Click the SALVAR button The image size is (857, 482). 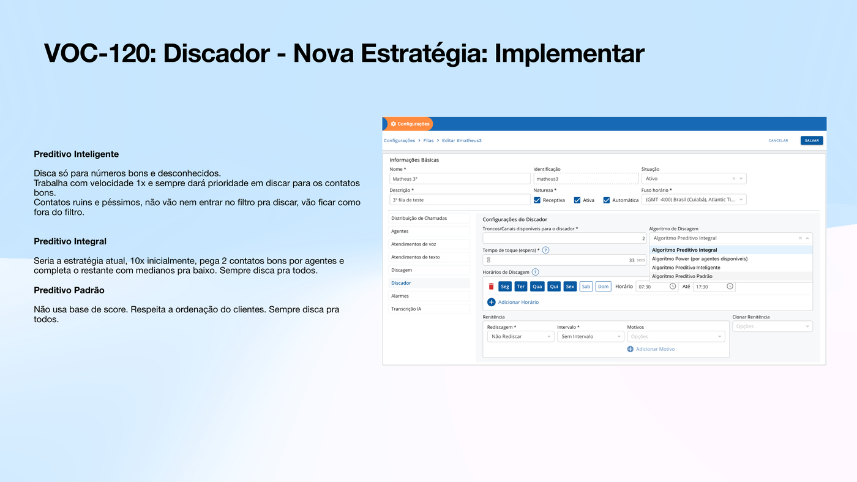pyautogui.click(x=811, y=140)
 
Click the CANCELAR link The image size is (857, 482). pyautogui.click(x=778, y=140)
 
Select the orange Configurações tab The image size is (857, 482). pyautogui.click(x=410, y=124)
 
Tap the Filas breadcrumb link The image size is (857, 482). pyautogui.click(x=428, y=140)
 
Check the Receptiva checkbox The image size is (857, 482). pyautogui.click(x=537, y=200)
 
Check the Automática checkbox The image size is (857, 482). pyautogui.click(x=607, y=200)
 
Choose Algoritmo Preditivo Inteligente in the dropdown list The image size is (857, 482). pyautogui.click(x=686, y=268)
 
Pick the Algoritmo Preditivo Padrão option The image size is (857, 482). pyautogui.click(x=682, y=276)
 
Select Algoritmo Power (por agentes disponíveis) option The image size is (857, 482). pyautogui.click(x=699, y=258)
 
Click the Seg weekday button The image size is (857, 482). pyautogui.click(x=504, y=286)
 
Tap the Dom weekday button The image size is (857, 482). pyautogui.click(x=603, y=286)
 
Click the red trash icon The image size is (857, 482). pyautogui.click(x=491, y=286)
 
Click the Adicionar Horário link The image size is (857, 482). pyautogui.click(x=518, y=302)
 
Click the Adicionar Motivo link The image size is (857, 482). pyautogui.click(x=655, y=349)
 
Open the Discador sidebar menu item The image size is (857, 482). pyautogui.click(x=401, y=283)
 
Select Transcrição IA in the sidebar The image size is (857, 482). pyautogui.click(x=406, y=309)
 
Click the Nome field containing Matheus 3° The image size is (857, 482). pyautogui.click(x=460, y=179)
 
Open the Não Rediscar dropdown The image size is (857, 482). pyautogui.click(x=520, y=336)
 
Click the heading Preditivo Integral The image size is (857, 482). pyautogui.click(x=70, y=241)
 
